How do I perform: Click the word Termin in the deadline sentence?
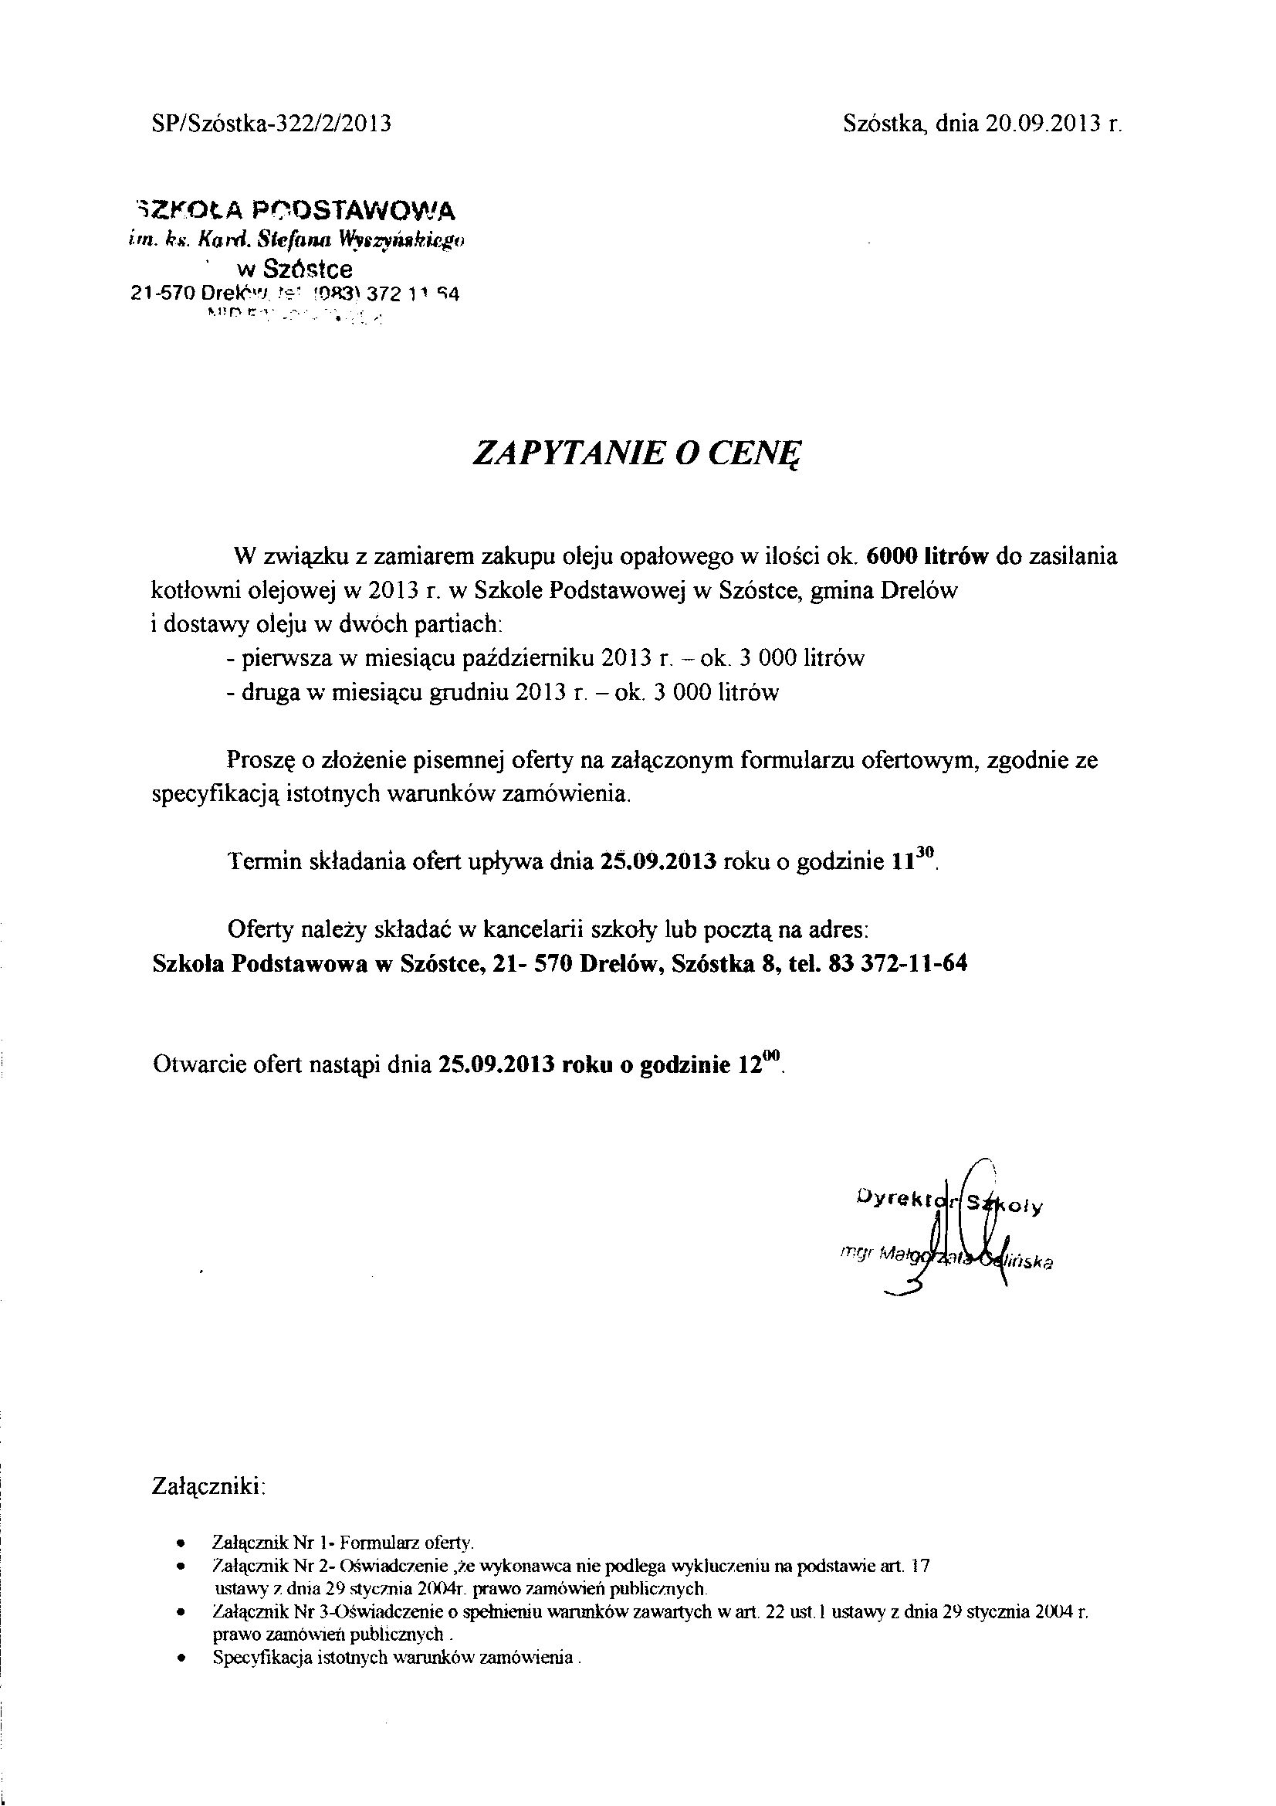262,861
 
